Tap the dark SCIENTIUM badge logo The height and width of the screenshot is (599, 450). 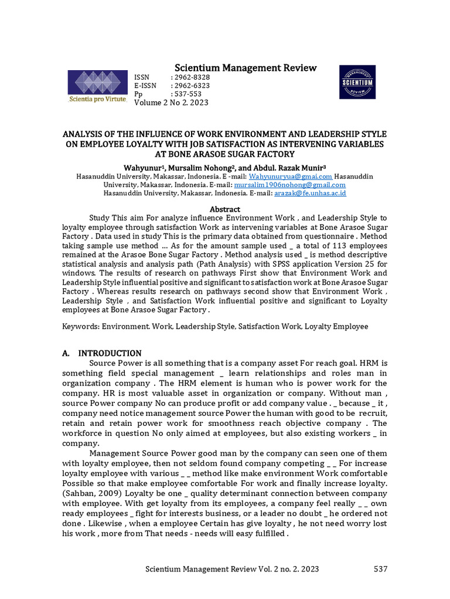pyautogui.click(x=357, y=82)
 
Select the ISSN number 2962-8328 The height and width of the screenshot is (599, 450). pyautogui.click(x=190, y=77)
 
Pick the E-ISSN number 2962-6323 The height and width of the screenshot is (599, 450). pyautogui.click(x=190, y=85)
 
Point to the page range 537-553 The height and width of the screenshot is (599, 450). pyautogui.click(x=186, y=94)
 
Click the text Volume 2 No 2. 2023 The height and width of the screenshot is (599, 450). pyautogui.click(x=171, y=103)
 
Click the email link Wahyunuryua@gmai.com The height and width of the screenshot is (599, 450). pyautogui.click(x=291, y=176)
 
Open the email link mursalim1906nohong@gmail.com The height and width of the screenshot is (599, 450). pyautogui.click(x=281, y=184)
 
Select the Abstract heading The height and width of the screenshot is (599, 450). pyautogui.click(x=225, y=209)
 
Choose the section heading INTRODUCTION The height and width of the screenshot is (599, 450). pyautogui.click(x=110, y=353)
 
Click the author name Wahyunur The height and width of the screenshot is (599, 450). pyautogui.click(x=142, y=167)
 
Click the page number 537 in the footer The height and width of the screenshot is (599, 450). pyautogui.click(x=380, y=569)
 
